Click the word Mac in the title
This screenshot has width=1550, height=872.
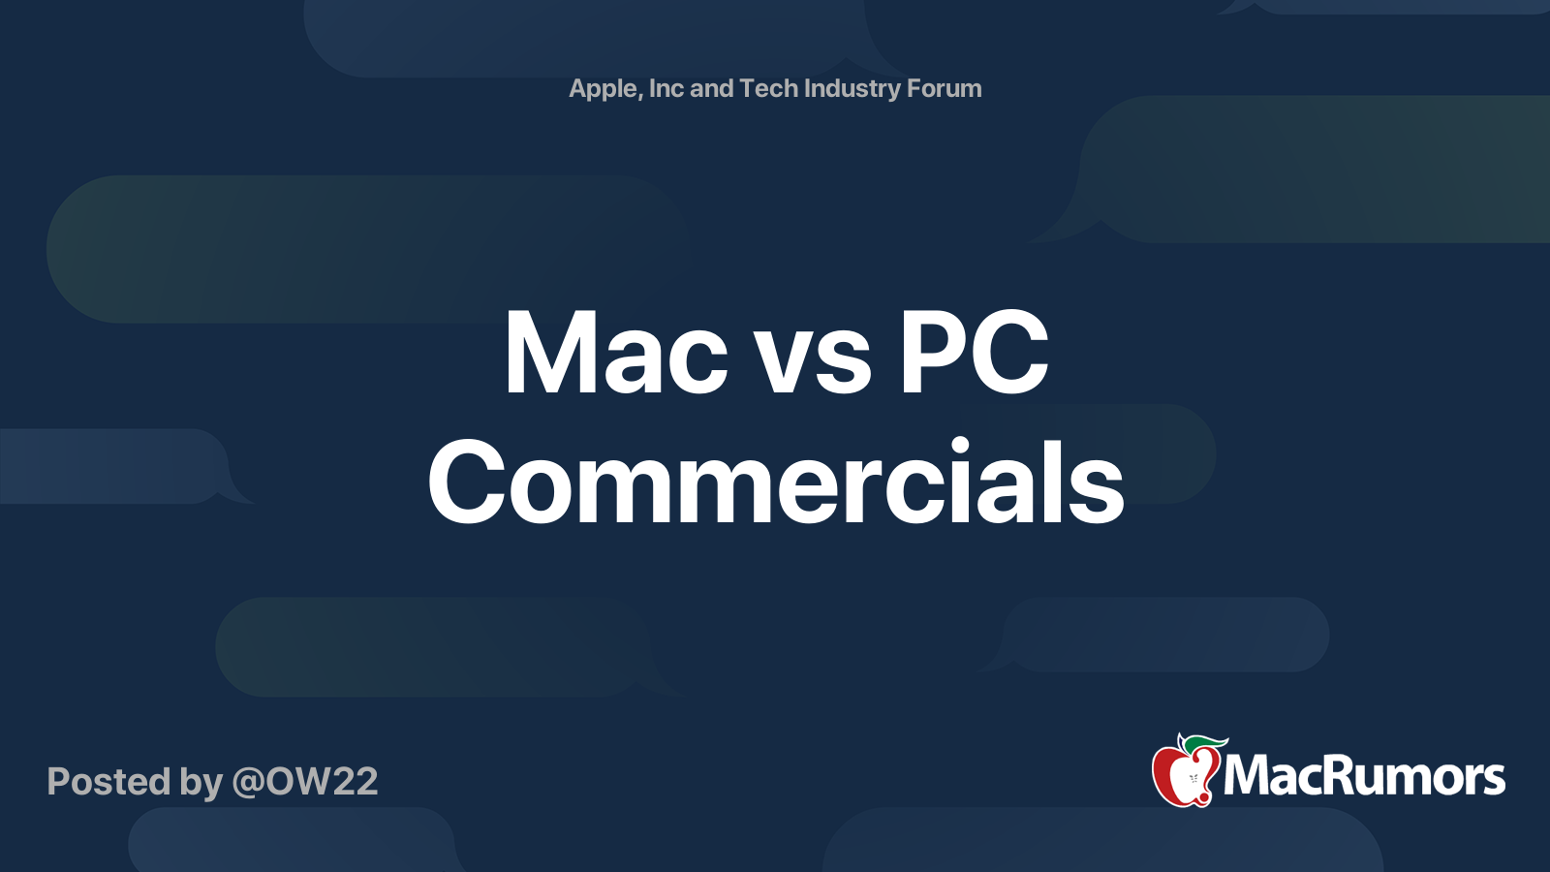tap(615, 354)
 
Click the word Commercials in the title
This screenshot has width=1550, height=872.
tap(776, 481)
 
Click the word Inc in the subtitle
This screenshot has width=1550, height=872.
tap(666, 88)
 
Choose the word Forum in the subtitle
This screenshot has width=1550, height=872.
tap(944, 88)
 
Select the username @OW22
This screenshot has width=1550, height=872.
tap(305, 781)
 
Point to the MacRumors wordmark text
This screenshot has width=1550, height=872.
tap(1364, 777)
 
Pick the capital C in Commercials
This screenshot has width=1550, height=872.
tap(466, 481)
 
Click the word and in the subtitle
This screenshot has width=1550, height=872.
tap(711, 88)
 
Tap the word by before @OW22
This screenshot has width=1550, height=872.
tap(201, 783)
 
